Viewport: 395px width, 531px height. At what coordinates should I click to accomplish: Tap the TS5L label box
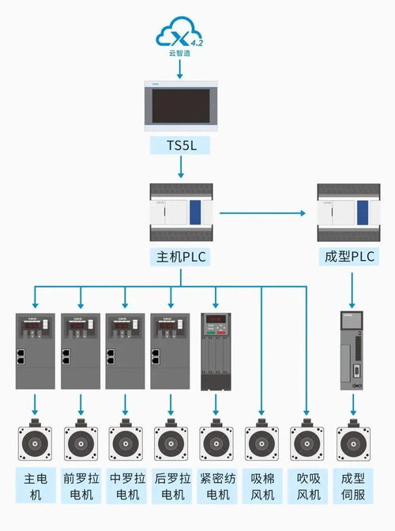181,145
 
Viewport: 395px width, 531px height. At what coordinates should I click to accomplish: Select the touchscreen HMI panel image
181,106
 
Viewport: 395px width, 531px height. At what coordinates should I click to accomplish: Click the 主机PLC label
181,257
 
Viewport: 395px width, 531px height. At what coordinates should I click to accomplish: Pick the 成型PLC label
348,257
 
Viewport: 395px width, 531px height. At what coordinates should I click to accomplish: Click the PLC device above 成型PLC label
348,213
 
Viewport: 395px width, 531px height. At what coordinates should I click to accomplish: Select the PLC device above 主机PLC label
181,213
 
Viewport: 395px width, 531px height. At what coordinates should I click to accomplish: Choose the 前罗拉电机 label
80,487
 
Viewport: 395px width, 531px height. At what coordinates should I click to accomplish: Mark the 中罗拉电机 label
125,487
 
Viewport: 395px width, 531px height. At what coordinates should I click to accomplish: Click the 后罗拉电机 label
171,487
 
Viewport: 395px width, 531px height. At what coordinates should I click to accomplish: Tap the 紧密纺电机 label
216,487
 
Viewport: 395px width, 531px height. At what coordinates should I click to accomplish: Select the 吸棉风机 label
261,487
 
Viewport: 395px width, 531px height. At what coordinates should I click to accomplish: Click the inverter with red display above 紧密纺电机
216,350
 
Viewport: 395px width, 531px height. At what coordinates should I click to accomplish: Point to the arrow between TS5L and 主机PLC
181,166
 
